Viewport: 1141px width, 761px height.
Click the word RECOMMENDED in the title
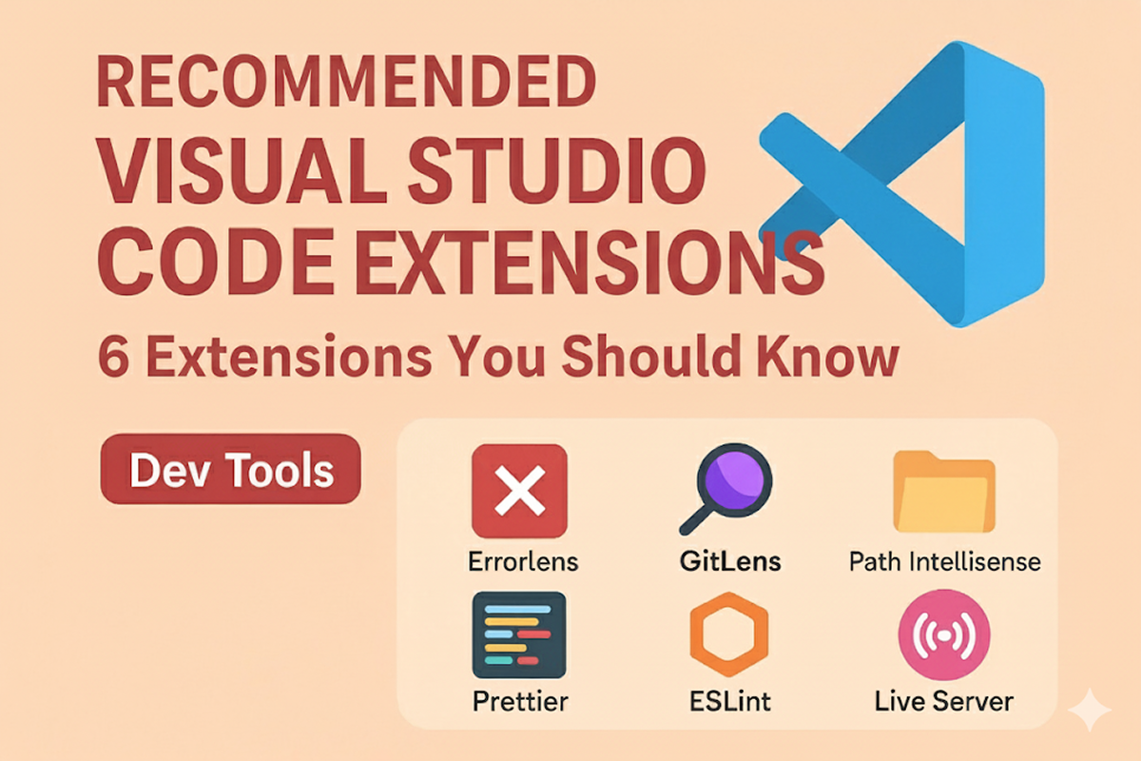[x=346, y=81]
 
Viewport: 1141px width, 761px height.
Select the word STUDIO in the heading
[x=557, y=171]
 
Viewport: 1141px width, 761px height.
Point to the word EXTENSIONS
[x=590, y=262]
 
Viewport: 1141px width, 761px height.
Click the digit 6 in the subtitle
[x=112, y=357]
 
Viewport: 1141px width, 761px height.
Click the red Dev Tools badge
[x=231, y=469]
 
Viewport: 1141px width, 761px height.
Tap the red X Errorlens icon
[x=519, y=491]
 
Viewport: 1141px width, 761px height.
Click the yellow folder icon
[x=944, y=492]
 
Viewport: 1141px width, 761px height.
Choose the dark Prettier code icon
[x=519, y=634]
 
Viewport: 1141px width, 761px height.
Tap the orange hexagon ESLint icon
[x=729, y=634]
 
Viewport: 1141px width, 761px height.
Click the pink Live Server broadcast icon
[x=944, y=635]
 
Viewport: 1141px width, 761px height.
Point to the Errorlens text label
[x=523, y=561]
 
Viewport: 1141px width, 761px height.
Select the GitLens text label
[x=730, y=561]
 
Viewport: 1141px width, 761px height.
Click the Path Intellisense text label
[x=945, y=561]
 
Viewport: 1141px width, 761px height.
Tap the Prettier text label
[x=520, y=701]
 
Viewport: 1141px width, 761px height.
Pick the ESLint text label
[x=730, y=701]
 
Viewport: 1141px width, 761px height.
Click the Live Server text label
[x=944, y=701]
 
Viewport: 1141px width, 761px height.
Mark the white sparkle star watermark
[x=1090, y=710]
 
